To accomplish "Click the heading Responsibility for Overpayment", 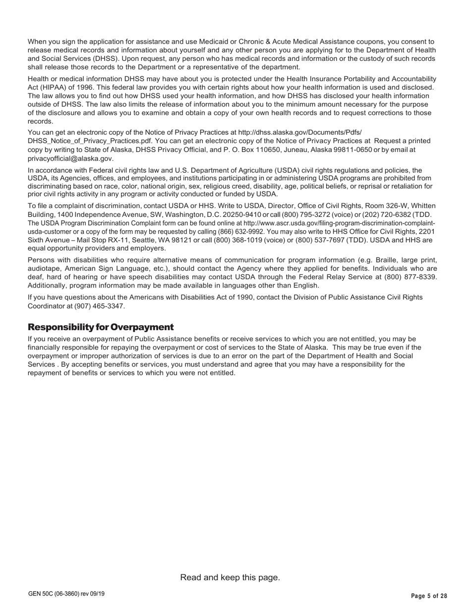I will (x=101, y=327).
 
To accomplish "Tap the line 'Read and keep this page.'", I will (x=230, y=577).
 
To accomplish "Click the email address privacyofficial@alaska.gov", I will (x=70, y=158).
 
